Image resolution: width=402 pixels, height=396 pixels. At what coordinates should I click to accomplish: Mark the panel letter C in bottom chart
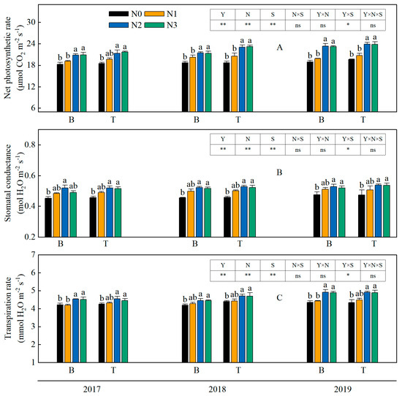[x=278, y=298]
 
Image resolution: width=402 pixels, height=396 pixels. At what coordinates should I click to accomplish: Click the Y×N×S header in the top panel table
[x=373, y=14]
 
